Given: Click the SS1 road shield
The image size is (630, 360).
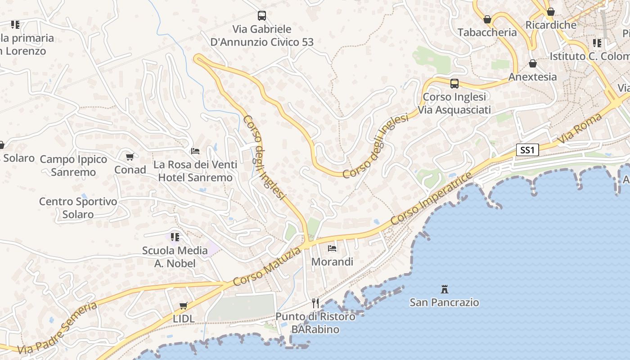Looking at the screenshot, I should click(527, 150).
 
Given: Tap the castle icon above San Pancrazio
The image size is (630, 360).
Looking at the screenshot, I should click(445, 289).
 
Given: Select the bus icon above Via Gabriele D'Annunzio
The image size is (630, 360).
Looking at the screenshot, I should click(262, 16).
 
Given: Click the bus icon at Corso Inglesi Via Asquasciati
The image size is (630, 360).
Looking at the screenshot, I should click(454, 84).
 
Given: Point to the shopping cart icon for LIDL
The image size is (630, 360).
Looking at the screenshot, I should click(183, 306).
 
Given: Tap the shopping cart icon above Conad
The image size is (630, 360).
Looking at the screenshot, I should click(130, 157).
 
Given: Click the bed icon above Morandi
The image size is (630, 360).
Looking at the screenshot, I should click(332, 248).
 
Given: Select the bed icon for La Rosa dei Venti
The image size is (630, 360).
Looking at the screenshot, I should click(195, 151).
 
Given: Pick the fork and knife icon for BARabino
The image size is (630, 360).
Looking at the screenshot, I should click(315, 303).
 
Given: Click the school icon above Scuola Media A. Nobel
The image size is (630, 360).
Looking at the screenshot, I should click(175, 237).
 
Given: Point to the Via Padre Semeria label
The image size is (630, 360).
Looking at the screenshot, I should click(58, 328).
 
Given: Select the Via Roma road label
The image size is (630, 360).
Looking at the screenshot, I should click(580, 129).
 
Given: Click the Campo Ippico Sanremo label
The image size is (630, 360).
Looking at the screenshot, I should click(73, 166).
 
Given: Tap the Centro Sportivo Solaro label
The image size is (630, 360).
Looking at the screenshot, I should click(78, 208).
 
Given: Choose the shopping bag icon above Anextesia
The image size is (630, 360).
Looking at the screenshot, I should click(533, 64).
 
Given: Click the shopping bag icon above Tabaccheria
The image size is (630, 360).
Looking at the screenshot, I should click(487, 19).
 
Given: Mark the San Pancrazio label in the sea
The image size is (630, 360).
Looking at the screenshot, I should click(444, 302).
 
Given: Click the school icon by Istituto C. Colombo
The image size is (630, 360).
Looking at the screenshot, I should click(597, 43).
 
